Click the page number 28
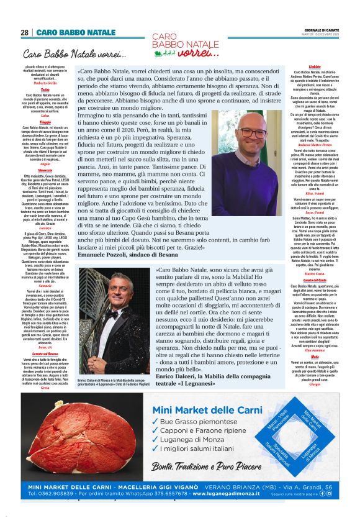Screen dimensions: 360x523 pos(25,32)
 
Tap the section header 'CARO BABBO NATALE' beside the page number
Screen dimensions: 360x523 pos(76,32)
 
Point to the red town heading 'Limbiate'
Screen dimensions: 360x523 pos(314,65)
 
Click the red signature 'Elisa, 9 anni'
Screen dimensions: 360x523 pos(314,194)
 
